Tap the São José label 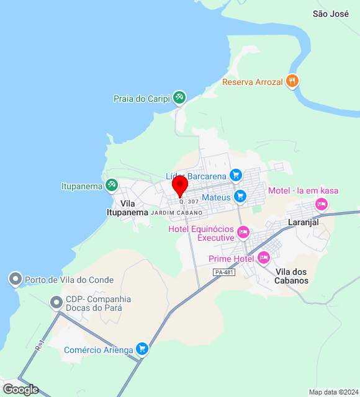coord(331,14)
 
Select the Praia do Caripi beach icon coord(179,98)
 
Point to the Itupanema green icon coord(112,185)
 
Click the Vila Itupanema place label coord(127,208)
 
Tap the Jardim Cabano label coord(176,213)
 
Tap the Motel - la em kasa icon coord(322,203)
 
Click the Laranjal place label coord(303,222)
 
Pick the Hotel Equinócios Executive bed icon coord(243,233)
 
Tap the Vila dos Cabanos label coord(292,276)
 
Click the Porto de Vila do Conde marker coord(16,280)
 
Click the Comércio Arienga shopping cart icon coord(142,350)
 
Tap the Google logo coord(20,390)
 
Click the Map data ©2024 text coord(333,392)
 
